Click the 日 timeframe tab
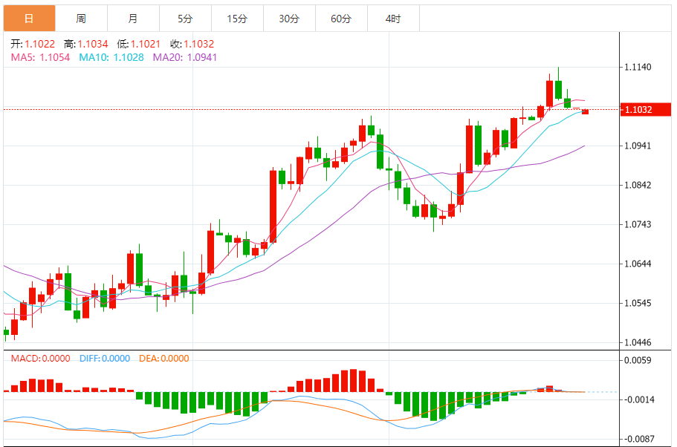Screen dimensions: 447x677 (x=29, y=19)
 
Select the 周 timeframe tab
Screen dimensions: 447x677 (x=81, y=19)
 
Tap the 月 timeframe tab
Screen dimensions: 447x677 (x=133, y=19)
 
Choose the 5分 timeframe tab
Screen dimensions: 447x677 (x=185, y=19)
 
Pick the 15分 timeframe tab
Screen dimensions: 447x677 (x=237, y=19)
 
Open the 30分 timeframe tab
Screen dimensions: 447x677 (x=289, y=19)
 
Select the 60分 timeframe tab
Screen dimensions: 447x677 (x=341, y=19)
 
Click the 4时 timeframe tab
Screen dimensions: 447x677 (x=393, y=19)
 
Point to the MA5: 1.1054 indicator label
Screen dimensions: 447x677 (x=40, y=56)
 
